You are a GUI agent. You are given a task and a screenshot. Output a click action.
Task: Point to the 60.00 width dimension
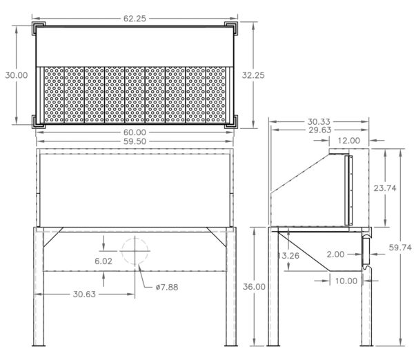click(x=135, y=132)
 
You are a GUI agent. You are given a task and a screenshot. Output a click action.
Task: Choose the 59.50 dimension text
click(x=135, y=141)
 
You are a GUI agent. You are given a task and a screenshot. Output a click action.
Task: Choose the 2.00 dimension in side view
click(x=335, y=254)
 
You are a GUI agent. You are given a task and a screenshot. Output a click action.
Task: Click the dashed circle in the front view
click(x=135, y=252)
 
